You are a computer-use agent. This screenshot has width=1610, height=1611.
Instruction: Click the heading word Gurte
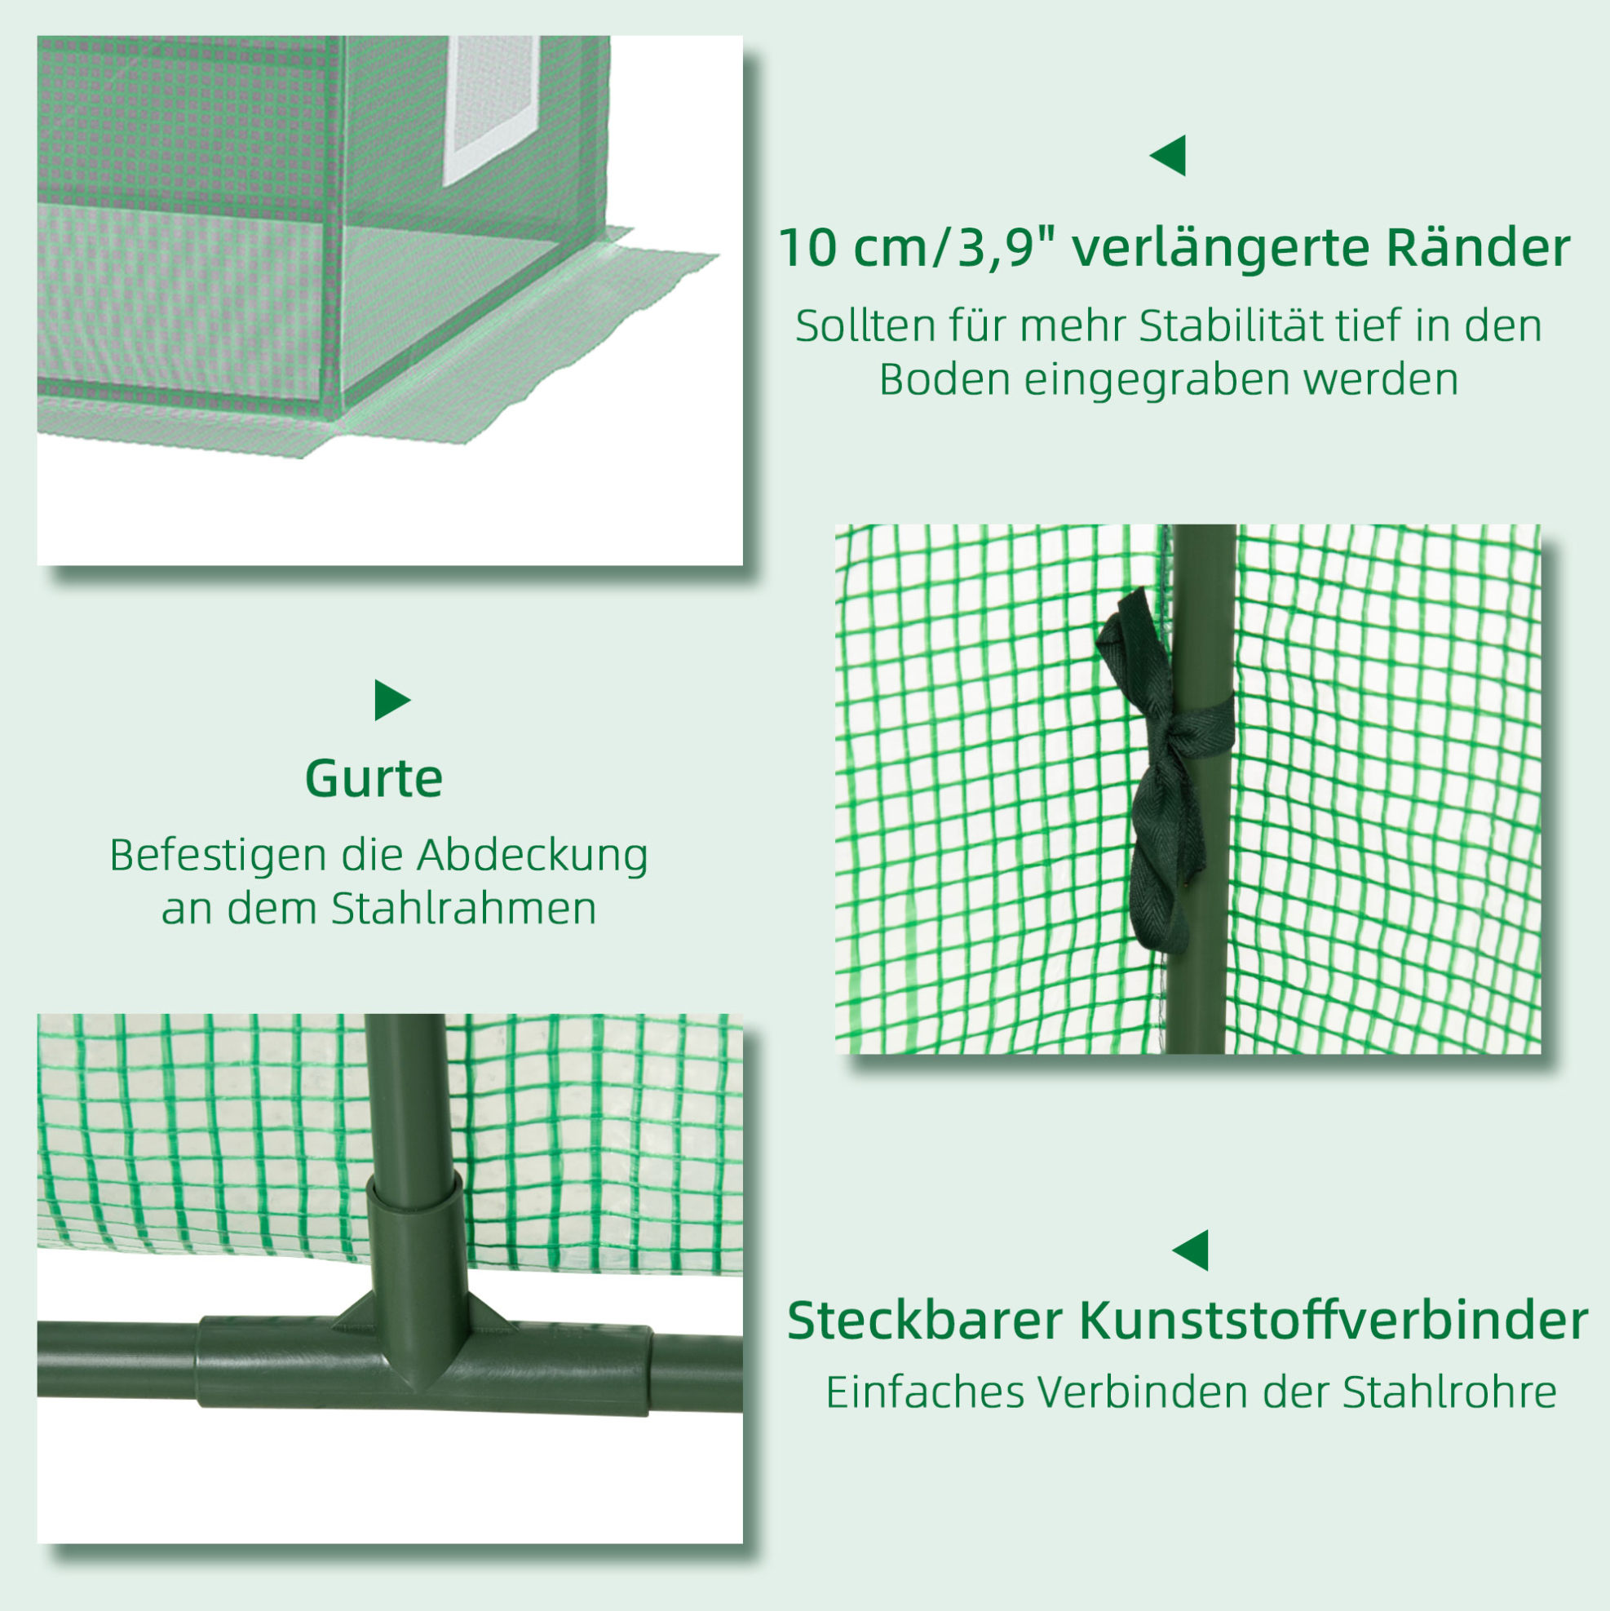(x=374, y=778)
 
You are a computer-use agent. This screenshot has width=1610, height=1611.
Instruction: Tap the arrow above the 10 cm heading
(x=1167, y=155)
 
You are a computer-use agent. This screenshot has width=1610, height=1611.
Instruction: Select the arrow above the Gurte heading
(x=392, y=701)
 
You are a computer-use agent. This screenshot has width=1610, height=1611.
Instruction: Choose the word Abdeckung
(x=533, y=856)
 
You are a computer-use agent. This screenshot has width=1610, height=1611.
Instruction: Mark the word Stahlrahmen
(x=463, y=908)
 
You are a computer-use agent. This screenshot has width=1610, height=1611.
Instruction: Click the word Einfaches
(x=926, y=1391)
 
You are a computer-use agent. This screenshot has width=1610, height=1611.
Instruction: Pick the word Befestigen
(x=219, y=856)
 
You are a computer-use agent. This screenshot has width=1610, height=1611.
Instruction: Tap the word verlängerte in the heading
(x=1221, y=249)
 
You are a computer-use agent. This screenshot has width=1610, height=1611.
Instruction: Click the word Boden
(x=944, y=379)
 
